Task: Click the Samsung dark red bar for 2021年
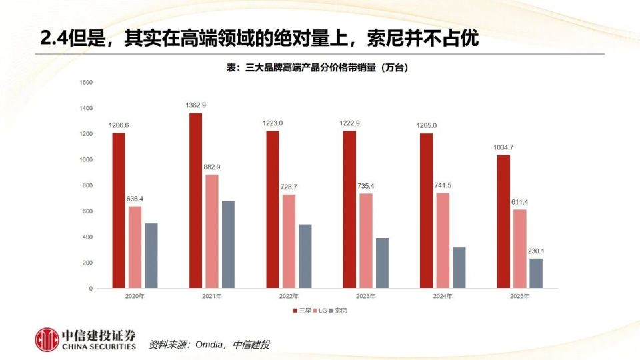[x=195, y=200]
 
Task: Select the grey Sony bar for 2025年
[x=536, y=273]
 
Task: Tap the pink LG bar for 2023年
[x=366, y=241]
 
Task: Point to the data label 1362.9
[x=195, y=105]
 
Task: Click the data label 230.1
[x=536, y=251]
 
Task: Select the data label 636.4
[x=135, y=199]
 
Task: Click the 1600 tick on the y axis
[x=86, y=83]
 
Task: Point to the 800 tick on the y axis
[x=87, y=186]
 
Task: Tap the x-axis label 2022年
[x=289, y=295]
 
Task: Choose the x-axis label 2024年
[x=443, y=295]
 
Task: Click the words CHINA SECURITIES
[x=99, y=347]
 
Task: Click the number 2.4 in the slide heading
[x=53, y=39]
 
